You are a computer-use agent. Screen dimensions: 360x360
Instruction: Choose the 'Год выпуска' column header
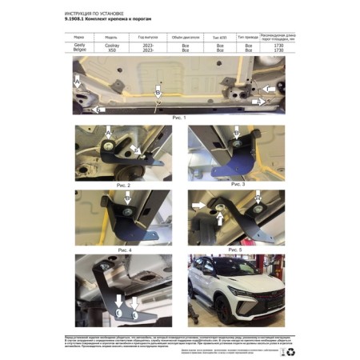tap(148, 37)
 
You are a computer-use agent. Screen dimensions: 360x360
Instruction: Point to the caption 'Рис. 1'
tap(179, 118)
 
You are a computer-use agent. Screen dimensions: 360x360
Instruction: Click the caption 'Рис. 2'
tap(122, 184)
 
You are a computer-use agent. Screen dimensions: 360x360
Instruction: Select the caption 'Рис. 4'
tap(122, 250)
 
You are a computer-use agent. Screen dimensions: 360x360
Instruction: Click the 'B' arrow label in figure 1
tap(158, 93)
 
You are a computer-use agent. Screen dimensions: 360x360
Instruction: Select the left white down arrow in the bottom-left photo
tap(118, 301)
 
